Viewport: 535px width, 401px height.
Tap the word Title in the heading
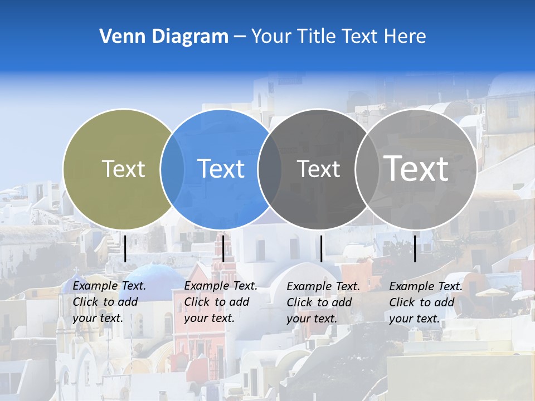click(x=318, y=37)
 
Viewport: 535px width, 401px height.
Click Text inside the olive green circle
click(x=123, y=169)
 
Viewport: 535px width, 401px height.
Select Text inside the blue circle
click(x=221, y=169)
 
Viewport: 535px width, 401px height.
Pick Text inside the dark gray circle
click(x=318, y=169)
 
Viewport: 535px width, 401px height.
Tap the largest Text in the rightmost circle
click(x=416, y=168)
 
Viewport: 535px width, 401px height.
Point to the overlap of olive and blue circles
click(x=172, y=169)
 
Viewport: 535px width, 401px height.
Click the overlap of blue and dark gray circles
click(x=270, y=169)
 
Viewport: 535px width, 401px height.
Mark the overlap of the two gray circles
click(x=367, y=169)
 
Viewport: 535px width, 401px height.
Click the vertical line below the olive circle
click(x=125, y=248)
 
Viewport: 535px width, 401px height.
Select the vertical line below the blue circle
click(x=223, y=248)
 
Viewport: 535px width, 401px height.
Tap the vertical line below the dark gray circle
click(x=321, y=248)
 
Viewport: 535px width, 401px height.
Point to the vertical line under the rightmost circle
click(x=415, y=248)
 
